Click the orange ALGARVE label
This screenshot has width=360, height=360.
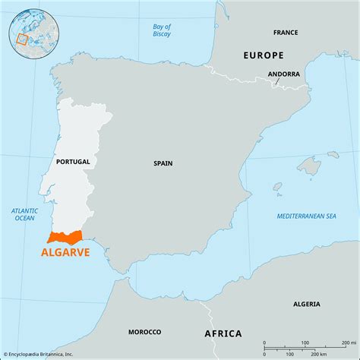[64, 252]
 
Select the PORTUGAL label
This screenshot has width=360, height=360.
[73, 162]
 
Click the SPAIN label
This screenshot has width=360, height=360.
[163, 163]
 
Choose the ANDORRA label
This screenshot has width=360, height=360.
[283, 74]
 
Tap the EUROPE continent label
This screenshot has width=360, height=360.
[263, 55]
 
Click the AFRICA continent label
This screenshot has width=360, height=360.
[223, 333]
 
